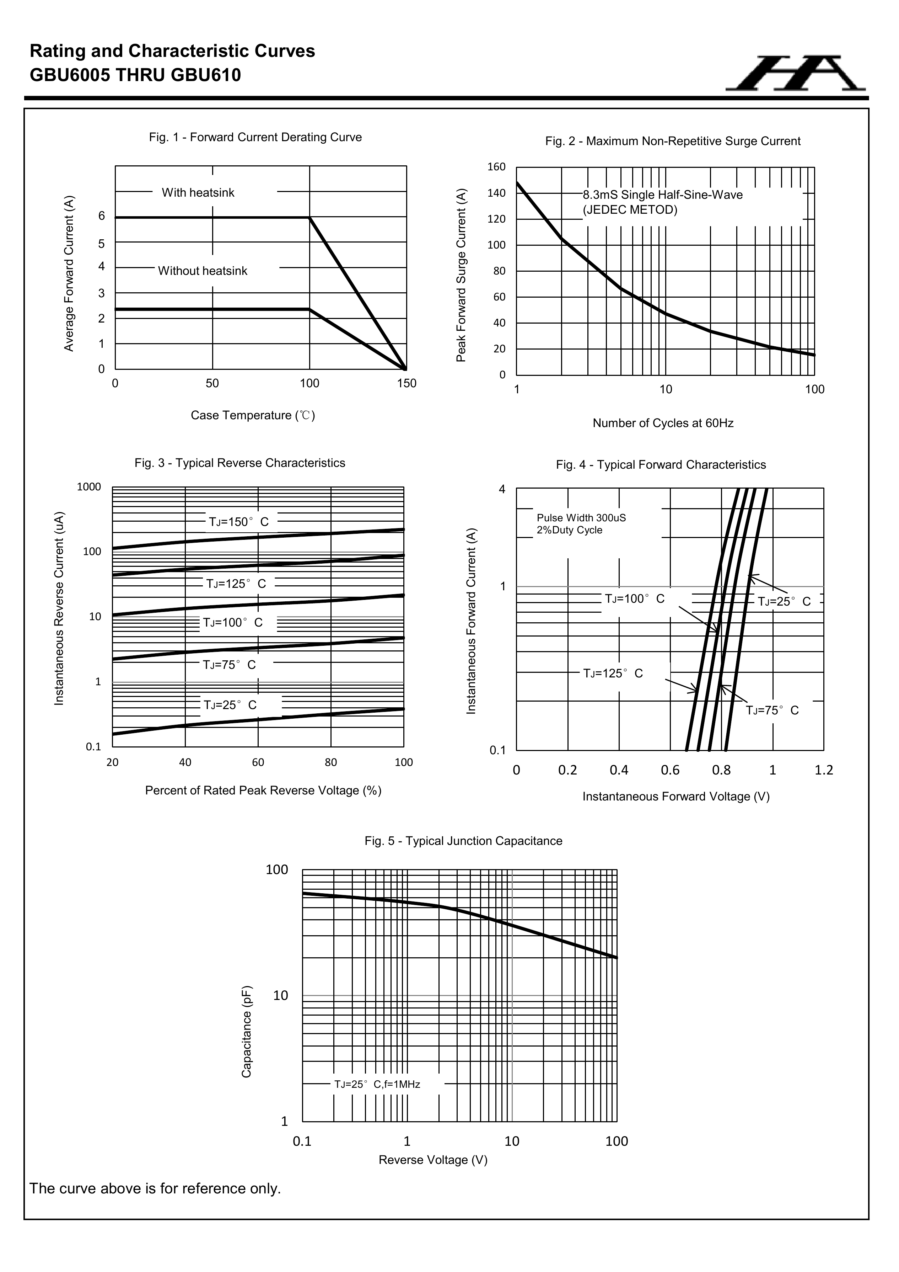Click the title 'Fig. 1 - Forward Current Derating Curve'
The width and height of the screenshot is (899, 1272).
255,137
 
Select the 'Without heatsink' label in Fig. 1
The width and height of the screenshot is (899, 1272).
203,271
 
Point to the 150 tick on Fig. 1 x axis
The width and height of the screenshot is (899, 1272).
407,383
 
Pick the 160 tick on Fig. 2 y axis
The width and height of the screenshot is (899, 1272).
496,167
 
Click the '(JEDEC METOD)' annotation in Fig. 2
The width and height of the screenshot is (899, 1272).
630,210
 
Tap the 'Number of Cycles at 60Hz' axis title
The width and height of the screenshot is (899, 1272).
663,423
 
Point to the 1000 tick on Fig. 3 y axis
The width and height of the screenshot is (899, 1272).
89,487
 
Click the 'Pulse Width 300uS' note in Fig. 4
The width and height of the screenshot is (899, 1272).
581,518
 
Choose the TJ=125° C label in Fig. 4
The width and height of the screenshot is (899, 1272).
613,674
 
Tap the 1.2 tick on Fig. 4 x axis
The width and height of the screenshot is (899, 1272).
824,770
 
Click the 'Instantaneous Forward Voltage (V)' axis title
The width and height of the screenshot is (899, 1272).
676,797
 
